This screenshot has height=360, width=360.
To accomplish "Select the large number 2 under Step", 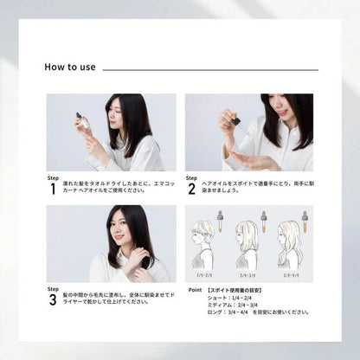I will click(x=190, y=189).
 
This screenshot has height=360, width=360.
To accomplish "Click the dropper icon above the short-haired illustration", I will click(x=222, y=219).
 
